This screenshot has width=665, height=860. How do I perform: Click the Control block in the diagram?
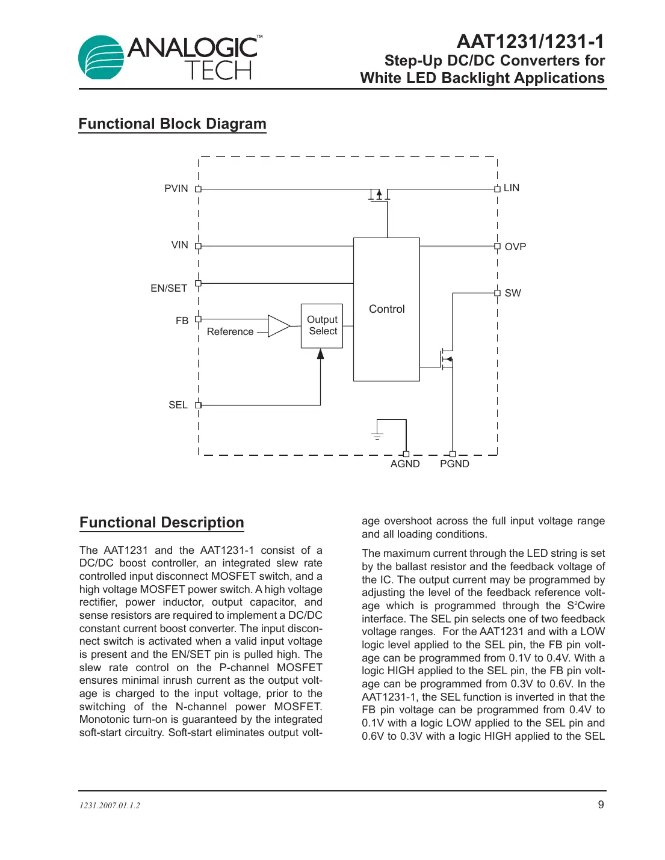tap(386, 309)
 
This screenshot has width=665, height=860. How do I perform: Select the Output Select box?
tap(322, 325)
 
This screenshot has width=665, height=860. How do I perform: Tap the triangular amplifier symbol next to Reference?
tap(278, 326)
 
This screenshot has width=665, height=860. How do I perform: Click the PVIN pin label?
tap(176, 189)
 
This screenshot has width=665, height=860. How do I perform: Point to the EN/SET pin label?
tap(169, 289)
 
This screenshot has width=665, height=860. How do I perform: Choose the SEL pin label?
tap(178, 405)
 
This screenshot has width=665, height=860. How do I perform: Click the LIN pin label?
tap(511, 188)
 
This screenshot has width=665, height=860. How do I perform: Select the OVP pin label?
tap(515, 247)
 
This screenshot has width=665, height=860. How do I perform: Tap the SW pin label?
tap(513, 293)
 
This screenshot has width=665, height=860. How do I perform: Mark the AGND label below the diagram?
tap(405, 464)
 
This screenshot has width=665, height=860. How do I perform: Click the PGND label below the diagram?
tap(454, 464)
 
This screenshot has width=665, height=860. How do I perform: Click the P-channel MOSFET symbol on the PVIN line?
tap(379, 195)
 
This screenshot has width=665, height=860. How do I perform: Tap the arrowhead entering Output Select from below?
tap(321, 354)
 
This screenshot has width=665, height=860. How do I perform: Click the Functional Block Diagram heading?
tap(172, 124)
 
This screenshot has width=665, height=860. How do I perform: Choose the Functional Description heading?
tap(162, 523)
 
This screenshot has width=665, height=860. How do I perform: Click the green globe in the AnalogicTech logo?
tap(101, 58)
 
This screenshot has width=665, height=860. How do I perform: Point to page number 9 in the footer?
tap(601, 805)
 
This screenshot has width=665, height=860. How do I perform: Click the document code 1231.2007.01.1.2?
tap(110, 806)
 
